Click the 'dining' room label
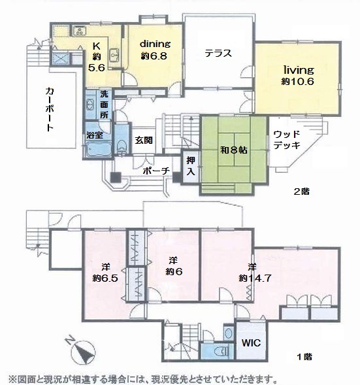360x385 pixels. (155, 44)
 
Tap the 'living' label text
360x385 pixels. (299, 71)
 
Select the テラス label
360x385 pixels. (218, 53)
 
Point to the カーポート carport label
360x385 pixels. (50, 109)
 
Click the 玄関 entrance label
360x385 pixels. (144, 141)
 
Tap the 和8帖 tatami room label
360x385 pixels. (234, 150)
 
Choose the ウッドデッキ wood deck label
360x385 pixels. (287, 140)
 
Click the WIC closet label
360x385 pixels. (251, 343)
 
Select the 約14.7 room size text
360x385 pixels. (255, 278)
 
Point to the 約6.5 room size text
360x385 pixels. (105, 278)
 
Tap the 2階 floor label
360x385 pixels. (302, 192)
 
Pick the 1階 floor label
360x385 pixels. (304, 357)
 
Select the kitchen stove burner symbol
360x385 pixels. (79, 31)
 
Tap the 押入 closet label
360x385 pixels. (191, 166)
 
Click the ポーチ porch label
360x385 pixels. (156, 171)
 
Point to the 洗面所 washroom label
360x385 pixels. (104, 105)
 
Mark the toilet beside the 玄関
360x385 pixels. (122, 146)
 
